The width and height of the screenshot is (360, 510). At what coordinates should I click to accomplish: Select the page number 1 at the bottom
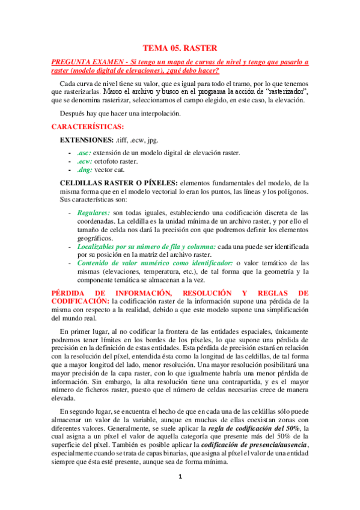click(x=180, y=478)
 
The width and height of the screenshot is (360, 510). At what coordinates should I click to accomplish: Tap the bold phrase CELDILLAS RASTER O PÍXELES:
click(x=118, y=183)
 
